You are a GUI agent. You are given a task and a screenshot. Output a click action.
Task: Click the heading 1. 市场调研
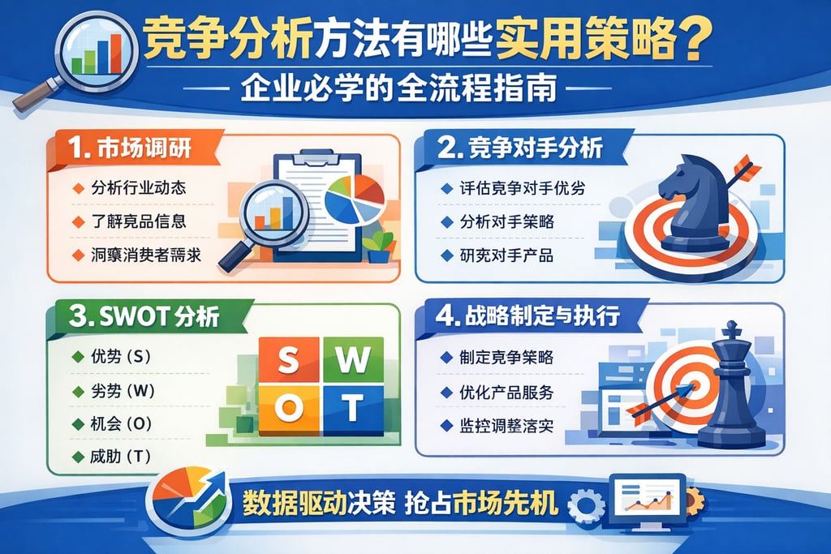(135, 150)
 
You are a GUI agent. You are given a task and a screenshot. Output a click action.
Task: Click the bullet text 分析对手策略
(506, 221)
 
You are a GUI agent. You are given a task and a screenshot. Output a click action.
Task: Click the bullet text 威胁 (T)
(123, 456)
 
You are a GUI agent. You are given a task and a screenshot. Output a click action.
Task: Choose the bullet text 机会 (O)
(123, 423)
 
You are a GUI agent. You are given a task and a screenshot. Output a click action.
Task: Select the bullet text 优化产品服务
(506, 392)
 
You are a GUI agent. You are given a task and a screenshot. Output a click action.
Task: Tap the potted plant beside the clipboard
(379, 247)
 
